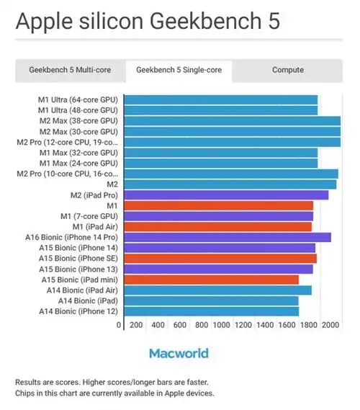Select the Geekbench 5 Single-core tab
click(179, 70)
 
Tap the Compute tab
click(288, 70)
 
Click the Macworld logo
click(179, 353)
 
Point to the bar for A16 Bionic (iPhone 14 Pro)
click(228, 237)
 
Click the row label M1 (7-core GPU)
click(89, 216)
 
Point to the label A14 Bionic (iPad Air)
click(78, 290)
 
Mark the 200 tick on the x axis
click(135, 326)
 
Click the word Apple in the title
click(44, 22)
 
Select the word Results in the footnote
click(30, 381)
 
